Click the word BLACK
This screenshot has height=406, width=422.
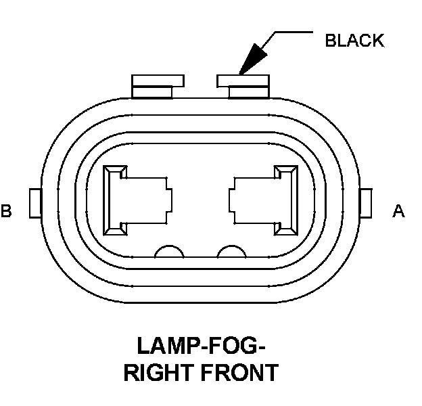[x=354, y=41]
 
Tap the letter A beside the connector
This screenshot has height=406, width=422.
[x=398, y=212]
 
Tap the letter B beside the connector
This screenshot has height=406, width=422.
[x=6, y=212]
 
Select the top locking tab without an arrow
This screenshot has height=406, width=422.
[x=158, y=85]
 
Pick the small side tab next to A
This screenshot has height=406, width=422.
[x=367, y=204]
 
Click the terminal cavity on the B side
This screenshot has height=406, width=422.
[x=136, y=201]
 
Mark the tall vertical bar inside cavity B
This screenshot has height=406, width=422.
[x=112, y=201]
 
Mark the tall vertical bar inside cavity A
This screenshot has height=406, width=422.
[x=287, y=201]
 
